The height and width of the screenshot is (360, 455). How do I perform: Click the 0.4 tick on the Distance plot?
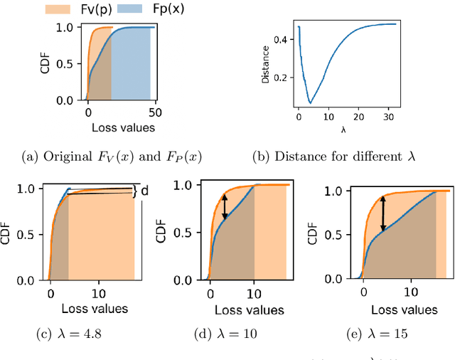tap(282, 41)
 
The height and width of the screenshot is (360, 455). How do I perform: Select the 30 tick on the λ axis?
tap(389, 115)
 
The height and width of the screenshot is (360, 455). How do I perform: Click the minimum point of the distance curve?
tap(310, 103)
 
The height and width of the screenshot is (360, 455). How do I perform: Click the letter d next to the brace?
tap(144, 191)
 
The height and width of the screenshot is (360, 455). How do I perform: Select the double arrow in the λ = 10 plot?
tap(225, 207)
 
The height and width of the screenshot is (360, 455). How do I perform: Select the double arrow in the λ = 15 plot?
tap(382, 213)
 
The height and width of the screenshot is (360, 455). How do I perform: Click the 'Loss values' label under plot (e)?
tap(404, 309)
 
